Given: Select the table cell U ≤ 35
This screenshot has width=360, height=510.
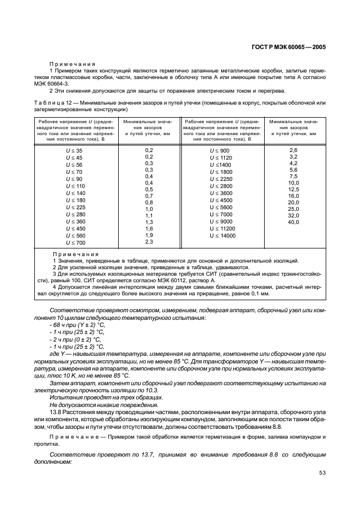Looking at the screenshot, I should [74, 150].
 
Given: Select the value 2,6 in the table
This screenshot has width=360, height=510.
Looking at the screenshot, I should [293, 150].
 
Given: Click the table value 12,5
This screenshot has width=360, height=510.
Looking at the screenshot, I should [293, 189].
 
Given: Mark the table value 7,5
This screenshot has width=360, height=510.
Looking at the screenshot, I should [293, 176].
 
